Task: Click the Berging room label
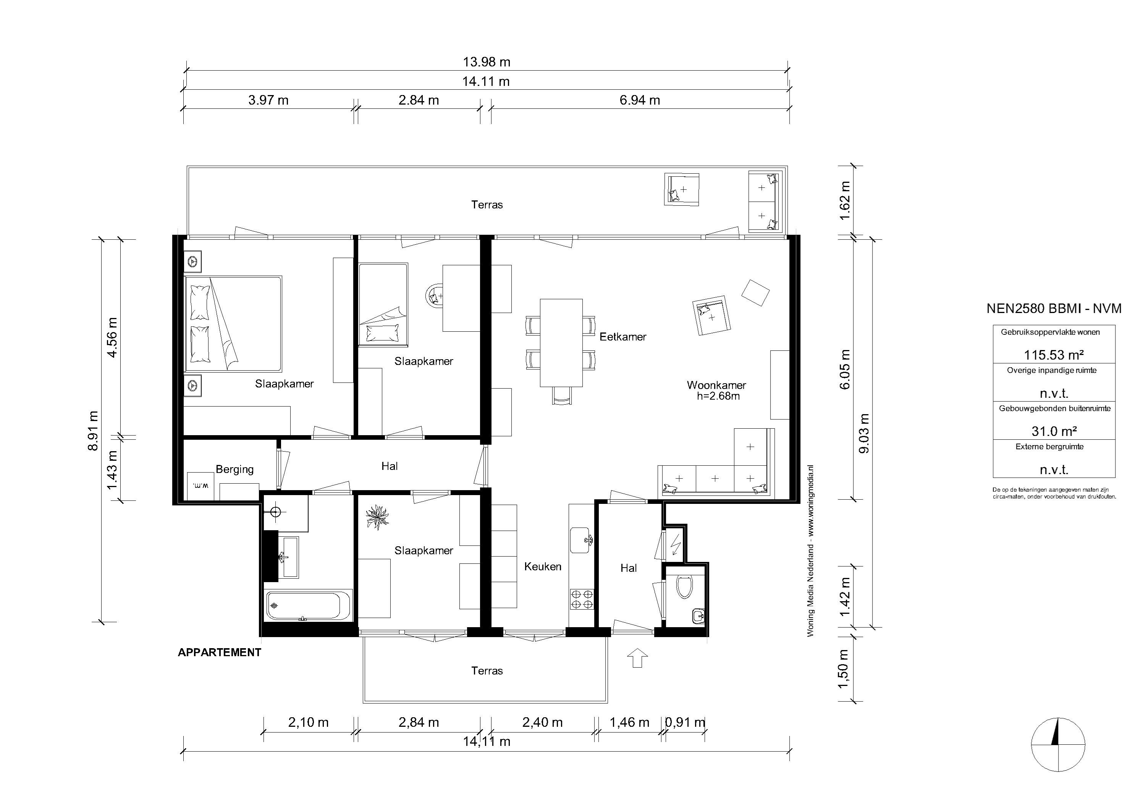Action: tap(234, 469)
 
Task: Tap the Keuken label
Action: tap(543, 566)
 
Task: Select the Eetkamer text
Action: tap(623, 337)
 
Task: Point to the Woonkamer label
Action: tap(716, 385)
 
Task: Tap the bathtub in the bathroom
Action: tap(303, 605)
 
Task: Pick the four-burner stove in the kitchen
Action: tap(582, 599)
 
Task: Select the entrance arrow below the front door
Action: tap(637, 658)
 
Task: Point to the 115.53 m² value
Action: tap(1054, 355)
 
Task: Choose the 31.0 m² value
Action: tap(1054, 431)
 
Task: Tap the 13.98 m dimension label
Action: tap(486, 62)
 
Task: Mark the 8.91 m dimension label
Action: tap(93, 431)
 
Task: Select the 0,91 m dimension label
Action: tap(685, 722)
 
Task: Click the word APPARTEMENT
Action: tap(220, 652)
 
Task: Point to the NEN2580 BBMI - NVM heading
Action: tap(1054, 308)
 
